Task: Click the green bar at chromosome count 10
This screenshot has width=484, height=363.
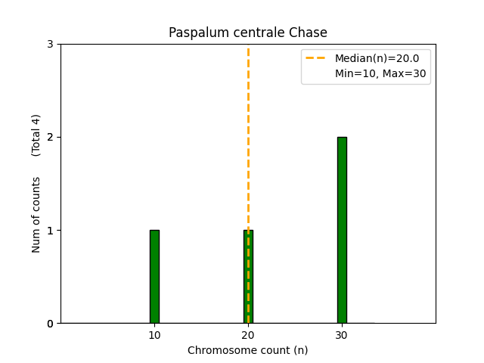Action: click(154, 277)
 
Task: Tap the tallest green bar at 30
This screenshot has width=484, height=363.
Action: click(342, 230)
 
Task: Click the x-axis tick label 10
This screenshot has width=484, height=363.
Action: click(154, 335)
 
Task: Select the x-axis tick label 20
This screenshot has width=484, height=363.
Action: click(248, 335)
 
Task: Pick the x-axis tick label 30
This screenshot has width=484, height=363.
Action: click(342, 335)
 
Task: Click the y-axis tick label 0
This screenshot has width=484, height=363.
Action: click(51, 324)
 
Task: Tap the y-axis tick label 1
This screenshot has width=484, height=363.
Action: click(51, 231)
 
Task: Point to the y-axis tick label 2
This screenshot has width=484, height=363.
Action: click(51, 138)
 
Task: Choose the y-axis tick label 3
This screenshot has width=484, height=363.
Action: click(51, 45)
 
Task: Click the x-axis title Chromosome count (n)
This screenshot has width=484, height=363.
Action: click(248, 350)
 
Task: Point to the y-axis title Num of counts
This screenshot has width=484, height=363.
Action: click(36, 215)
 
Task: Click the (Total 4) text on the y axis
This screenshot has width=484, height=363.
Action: click(36, 135)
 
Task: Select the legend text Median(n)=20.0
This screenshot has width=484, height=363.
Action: click(371, 57)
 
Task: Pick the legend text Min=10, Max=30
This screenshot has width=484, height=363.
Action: click(380, 73)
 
